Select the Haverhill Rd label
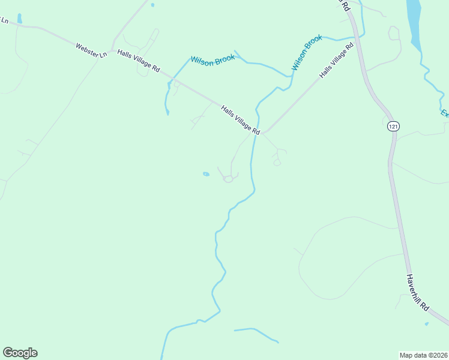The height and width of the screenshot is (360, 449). pyautogui.click(x=417, y=292)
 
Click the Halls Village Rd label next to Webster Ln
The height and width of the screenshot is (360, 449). pyautogui.click(x=138, y=61)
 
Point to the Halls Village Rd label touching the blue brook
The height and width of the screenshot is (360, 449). pyautogui.click(x=240, y=120)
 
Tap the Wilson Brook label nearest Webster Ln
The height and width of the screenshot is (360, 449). pyautogui.click(x=212, y=61)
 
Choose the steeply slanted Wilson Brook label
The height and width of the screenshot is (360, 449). pyautogui.click(x=307, y=53)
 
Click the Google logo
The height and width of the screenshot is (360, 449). pyautogui.click(x=20, y=353)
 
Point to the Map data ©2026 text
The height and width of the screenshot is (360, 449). pyautogui.click(x=423, y=355)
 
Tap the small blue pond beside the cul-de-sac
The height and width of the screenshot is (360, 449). pyautogui.click(x=206, y=174)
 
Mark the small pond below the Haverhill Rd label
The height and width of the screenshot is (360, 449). pyautogui.click(x=426, y=324)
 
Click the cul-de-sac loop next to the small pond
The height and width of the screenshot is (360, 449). pyautogui.click(x=228, y=179)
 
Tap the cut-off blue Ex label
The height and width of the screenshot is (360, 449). pyautogui.click(x=445, y=113)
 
